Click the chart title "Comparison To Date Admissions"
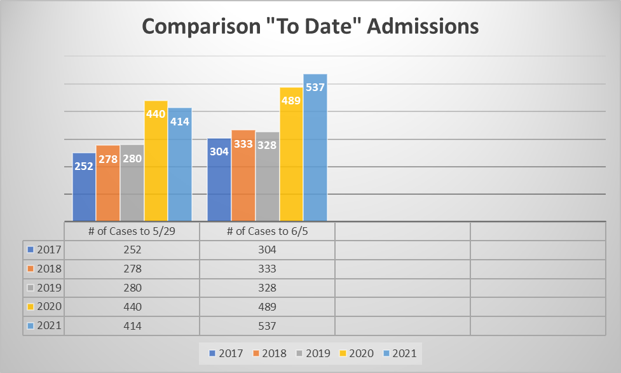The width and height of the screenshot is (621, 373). [x=310, y=27]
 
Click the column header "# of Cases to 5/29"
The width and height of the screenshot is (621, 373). [x=132, y=231]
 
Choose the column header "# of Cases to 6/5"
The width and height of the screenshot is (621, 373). [x=267, y=231]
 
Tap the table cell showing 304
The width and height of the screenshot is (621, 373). [x=267, y=250]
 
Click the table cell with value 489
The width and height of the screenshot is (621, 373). [x=267, y=306]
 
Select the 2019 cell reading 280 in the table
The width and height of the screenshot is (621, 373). [x=132, y=288]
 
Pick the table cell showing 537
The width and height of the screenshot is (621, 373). [x=267, y=325]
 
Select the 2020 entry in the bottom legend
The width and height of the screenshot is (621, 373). [x=360, y=353]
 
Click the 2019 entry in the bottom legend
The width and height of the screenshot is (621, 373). [x=315, y=353]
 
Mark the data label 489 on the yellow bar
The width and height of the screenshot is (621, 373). [x=291, y=100]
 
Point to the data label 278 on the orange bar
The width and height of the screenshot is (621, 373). [x=108, y=159]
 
